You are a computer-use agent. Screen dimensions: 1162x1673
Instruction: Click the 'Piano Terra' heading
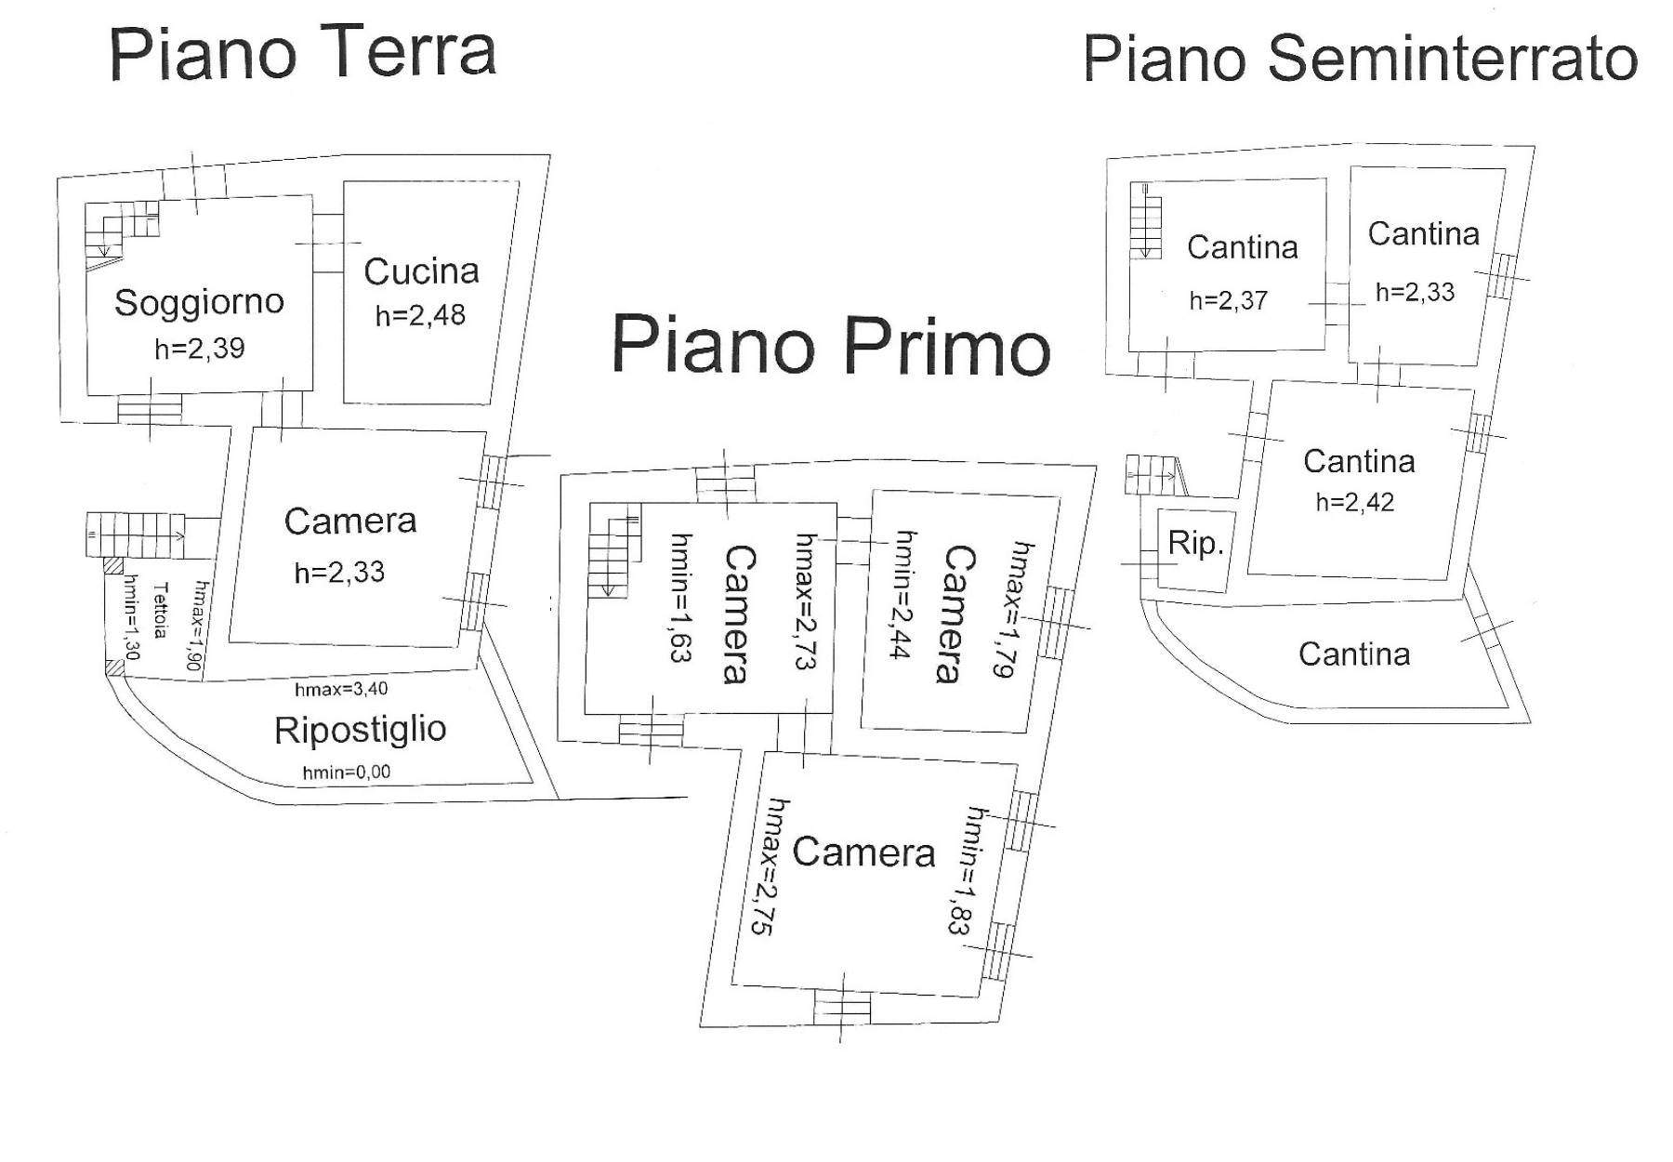pyautogui.click(x=303, y=53)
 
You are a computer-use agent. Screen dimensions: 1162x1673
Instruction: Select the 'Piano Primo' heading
pyautogui.click(x=830, y=345)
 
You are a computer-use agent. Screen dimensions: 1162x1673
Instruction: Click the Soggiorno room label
pyautogui.click(x=199, y=302)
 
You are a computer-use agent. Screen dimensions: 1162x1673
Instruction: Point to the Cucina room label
pyautogui.click(x=421, y=271)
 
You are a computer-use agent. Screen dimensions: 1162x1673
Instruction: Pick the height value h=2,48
pyautogui.click(x=420, y=315)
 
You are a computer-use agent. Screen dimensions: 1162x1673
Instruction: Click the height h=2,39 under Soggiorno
pyautogui.click(x=199, y=349)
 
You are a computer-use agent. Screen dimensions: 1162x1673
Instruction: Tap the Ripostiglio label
pyautogui.click(x=360, y=730)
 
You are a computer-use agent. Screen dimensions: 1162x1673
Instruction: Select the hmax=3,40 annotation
pyautogui.click(x=341, y=689)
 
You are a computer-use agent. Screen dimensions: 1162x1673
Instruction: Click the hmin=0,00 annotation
pyautogui.click(x=347, y=772)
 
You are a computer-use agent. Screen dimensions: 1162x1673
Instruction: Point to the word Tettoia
pyautogui.click(x=161, y=610)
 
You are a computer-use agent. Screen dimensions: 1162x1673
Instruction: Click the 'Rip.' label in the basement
pyautogui.click(x=1195, y=543)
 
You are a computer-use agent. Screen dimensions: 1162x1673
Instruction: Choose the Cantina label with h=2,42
pyautogui.click(x=1358, y=461)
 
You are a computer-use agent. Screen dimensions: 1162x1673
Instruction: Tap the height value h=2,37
pyautogui.click(x=1228, y=300)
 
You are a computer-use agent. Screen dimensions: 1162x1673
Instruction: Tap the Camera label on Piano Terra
pyautogui.click(x=349, y=522)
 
